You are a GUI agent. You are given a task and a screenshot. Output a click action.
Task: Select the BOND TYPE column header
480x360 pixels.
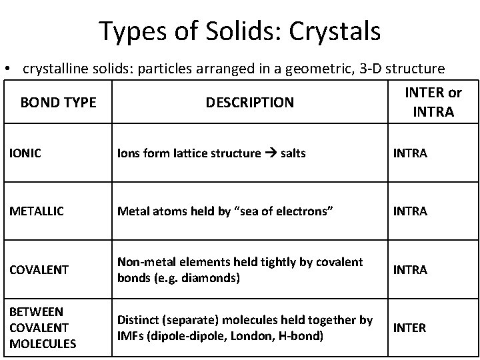point(58,103)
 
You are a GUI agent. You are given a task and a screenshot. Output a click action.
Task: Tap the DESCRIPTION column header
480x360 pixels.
point(249,103)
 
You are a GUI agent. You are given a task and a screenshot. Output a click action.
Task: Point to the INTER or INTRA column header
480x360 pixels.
point(433,101)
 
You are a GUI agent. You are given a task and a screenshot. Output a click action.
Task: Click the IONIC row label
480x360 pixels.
point(25,153)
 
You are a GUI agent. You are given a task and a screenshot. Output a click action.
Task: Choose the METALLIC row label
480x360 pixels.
point(37,211)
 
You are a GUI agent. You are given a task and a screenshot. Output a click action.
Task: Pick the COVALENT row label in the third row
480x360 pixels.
point(39,269)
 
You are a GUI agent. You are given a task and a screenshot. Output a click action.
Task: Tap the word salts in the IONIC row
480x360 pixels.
point(293,153)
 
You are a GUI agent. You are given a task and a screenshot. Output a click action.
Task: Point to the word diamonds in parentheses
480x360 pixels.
point(211,277)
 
